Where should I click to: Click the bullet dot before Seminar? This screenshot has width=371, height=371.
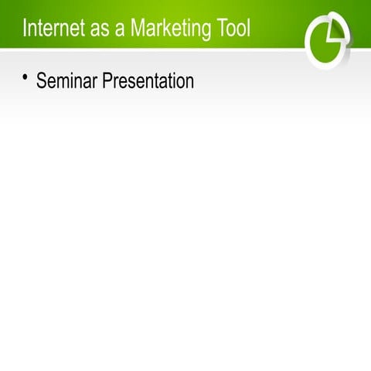[25, 77]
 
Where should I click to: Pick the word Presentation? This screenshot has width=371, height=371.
[147, 80]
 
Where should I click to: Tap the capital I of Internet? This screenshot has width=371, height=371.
[25, 29]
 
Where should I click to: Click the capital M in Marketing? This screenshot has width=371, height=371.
[137, 29]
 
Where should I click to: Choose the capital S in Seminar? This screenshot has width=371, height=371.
[42, 80]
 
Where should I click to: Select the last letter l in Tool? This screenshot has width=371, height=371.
[249, 29]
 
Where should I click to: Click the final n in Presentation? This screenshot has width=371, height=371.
[189, 81]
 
